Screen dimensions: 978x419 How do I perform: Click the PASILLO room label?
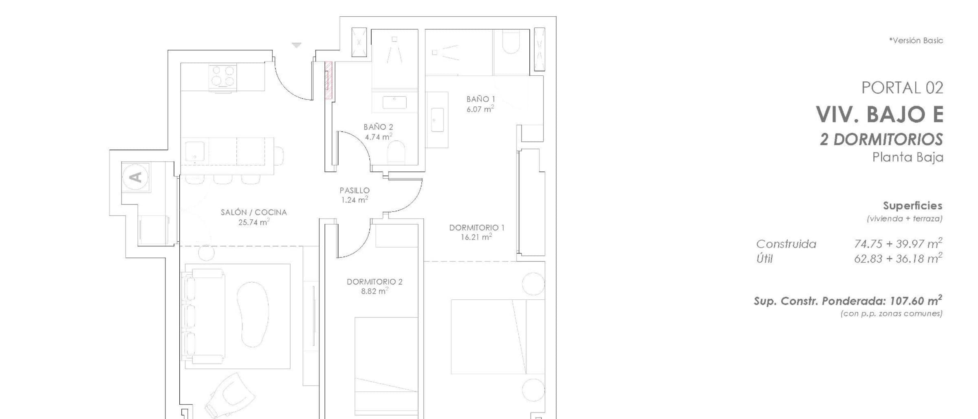[355, 190]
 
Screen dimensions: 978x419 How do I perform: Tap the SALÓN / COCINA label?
[254, 212]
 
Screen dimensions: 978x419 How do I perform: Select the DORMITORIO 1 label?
[477, 228]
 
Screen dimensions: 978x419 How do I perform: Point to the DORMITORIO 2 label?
[374, 281]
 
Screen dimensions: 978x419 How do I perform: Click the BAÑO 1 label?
[481, 99]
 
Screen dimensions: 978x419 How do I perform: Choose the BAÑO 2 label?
[378, 127]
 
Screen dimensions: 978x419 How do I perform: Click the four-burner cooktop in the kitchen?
[223, 77]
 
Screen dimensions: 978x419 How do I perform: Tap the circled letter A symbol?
[135, 177]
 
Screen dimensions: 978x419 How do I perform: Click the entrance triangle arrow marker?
[297, 45]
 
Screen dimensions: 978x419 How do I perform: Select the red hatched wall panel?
[328, 81]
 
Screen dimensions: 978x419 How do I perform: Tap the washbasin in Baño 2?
[394, 102]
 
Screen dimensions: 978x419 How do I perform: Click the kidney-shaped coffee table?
[253, 315]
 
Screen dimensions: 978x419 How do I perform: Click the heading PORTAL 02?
[902, 88]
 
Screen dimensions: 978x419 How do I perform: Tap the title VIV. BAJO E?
[880, 114]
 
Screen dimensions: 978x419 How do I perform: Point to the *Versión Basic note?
[916, 40]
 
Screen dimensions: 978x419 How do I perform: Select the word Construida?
[786, 244]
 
